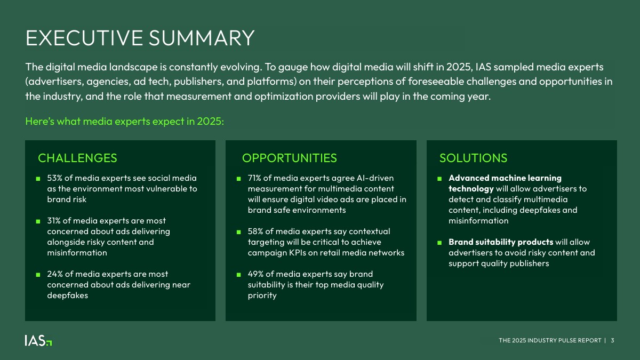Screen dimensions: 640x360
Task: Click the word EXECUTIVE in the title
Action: click(x=84, y=38)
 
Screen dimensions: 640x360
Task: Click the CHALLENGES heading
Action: click(x=77, y=158)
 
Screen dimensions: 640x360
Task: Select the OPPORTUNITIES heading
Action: click(x=290, y=158)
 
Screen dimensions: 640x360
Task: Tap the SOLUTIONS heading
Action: click(x=473, y=158)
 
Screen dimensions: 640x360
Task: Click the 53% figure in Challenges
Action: click(x=54, y=178)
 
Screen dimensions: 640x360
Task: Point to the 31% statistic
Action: click(x=54, y=221)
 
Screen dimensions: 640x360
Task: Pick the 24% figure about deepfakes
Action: click(x=54, y=274)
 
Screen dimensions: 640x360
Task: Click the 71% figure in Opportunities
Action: click(x=254, y=178)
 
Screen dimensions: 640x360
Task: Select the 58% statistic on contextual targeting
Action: click(x=255, y=231)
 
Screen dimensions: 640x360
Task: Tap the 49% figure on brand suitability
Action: click(x=255, y=274)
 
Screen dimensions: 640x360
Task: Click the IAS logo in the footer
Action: click(x=38, y=340)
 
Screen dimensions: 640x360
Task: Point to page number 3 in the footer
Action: click(x=612, y=340)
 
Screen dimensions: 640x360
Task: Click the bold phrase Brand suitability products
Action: click(x=501, y=242)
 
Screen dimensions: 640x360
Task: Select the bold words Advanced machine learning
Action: click(x=505, y=178)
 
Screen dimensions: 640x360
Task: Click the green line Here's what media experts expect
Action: click(x=125, y=122)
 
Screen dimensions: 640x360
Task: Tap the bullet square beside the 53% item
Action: click(x=38, y=179)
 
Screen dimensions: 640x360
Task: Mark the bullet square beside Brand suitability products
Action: click(x=439, y=243)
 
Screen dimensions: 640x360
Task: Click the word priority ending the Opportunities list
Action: click(x=262, y=295)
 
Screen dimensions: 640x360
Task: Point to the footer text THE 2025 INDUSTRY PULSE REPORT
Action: click(x=550, y=340)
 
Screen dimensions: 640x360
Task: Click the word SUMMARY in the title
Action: click(x=202, y=38)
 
